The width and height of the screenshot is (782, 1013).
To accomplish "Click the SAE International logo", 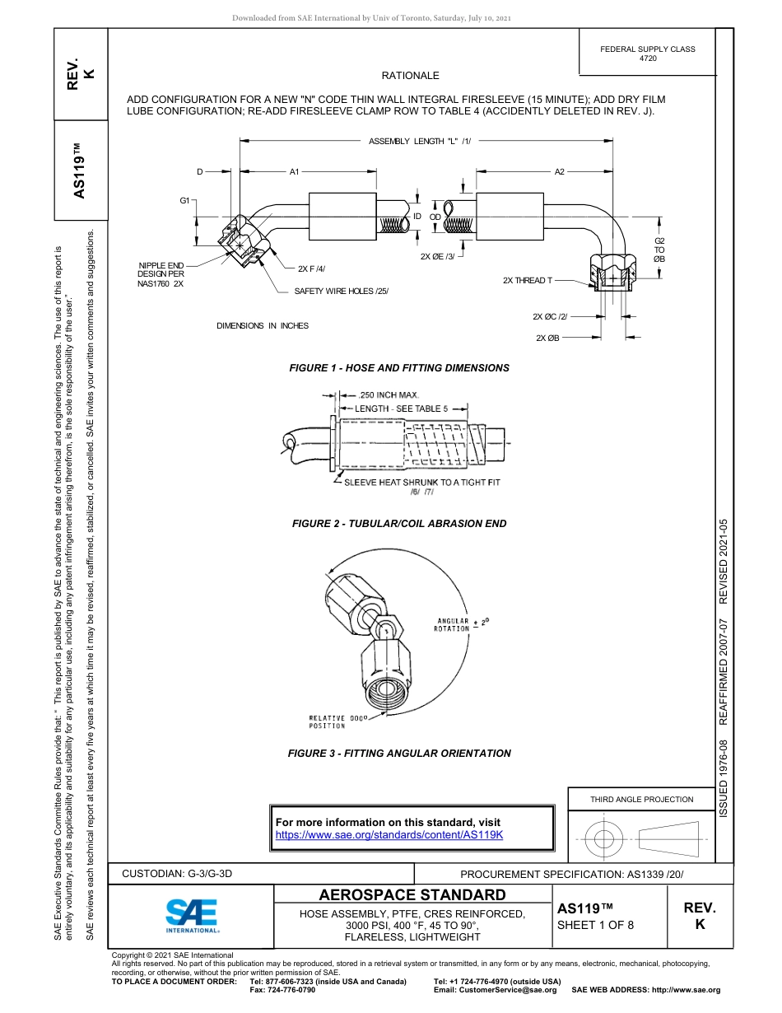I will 192,915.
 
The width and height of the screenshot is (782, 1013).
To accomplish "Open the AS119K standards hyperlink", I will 389,834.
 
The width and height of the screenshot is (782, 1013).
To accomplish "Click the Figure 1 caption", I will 399,368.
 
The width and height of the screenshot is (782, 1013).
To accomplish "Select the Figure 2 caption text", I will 399,524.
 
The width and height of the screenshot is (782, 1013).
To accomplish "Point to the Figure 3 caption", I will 399,754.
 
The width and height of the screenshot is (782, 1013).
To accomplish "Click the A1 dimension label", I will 294,172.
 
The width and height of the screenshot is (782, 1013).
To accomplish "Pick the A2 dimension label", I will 559,172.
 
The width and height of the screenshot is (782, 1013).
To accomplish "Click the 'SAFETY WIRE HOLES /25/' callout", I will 341,292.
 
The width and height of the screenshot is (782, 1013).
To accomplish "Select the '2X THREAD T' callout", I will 528,281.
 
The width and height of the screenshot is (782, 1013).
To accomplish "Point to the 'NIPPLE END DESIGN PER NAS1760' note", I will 161,274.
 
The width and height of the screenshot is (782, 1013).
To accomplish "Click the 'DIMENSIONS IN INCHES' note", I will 263,326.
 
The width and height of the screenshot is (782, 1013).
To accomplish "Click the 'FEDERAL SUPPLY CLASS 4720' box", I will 647,54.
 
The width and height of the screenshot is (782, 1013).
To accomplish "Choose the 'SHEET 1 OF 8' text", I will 595,925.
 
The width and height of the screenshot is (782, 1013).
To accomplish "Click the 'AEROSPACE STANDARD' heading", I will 412,895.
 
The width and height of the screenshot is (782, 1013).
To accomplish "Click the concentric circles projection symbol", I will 604,839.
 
